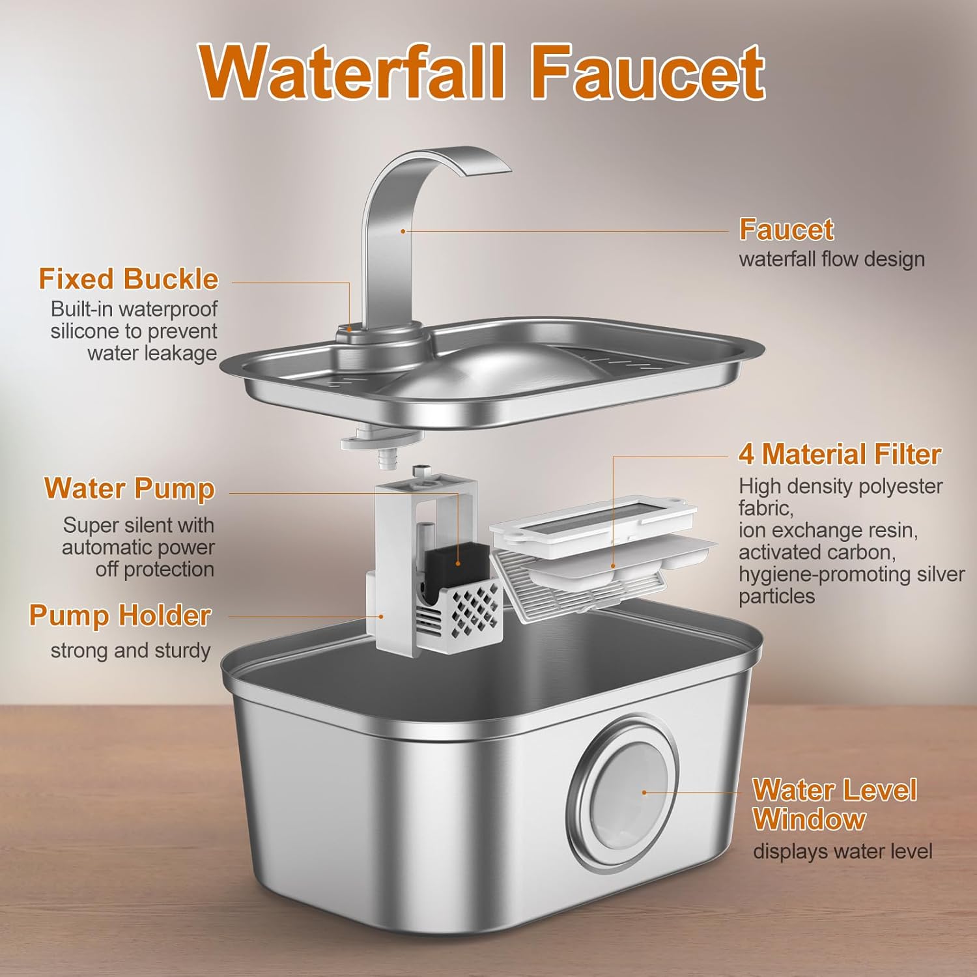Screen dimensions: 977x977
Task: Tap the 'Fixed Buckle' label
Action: [x=128, y=279]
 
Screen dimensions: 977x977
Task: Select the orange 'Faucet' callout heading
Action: [x=786, y=229]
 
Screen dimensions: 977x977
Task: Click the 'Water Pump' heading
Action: [x=129, y=488]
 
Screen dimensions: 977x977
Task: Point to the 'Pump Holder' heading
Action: [x=120, y=616]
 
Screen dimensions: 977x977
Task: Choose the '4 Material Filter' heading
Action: [x=840, y=455]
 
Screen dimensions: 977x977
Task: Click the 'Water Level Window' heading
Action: [x=834, y=804]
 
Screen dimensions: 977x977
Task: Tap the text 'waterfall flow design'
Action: [x=832, y=259]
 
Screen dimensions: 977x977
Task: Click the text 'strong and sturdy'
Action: [x=130, y=651]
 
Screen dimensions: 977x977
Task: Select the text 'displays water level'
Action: [x=843, y=851]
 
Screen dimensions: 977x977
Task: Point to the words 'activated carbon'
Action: [x=817, y=552]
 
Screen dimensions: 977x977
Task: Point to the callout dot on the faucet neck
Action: [x=403, y=231]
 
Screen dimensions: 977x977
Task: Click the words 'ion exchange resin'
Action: [x=828, y=530]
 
